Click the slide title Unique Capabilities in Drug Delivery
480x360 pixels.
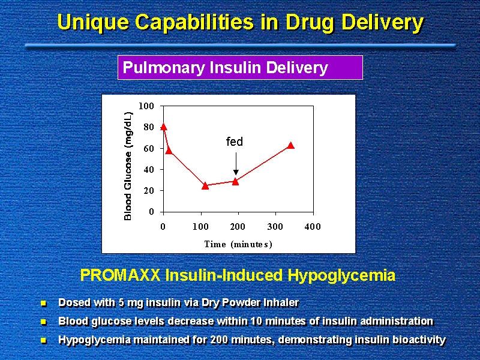(x=240, y=23)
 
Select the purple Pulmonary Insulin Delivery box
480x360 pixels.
(x=240, y=68)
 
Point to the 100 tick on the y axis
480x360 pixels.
(x=147, y=106)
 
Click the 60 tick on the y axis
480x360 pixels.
(x=149, y=148)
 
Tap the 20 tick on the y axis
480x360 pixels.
(x=149, y=191)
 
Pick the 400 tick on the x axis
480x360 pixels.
(x=313, y=227)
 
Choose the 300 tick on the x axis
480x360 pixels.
(x=275, y=227)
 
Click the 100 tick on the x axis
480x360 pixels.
(x=200, y=227)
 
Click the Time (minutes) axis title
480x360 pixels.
(x=238, y=244)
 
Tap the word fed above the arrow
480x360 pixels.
(x=234, y=142)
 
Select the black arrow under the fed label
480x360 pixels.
(x=236, y=164)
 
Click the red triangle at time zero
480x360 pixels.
(x=163, y=127)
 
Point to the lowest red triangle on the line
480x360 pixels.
(x=205, y=185)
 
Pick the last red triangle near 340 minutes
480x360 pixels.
(x=291, y=145)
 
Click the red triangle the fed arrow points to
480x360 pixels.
(x=235, y=181)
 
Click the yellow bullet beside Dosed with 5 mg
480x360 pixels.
(x=43, y=302)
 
